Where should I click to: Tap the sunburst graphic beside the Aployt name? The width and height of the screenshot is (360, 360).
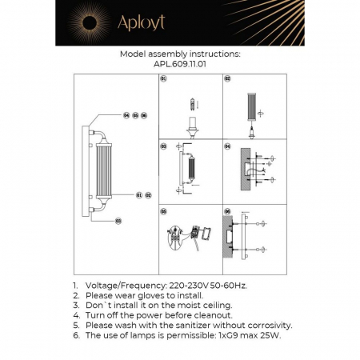point(91,22)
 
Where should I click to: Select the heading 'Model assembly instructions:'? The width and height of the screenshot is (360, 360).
point(179,54)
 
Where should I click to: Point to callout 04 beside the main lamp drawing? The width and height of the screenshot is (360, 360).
point(126,116)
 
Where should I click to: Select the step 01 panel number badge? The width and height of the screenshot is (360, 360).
point(163,80)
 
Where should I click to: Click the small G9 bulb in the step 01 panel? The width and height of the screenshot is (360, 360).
point(190,102)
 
